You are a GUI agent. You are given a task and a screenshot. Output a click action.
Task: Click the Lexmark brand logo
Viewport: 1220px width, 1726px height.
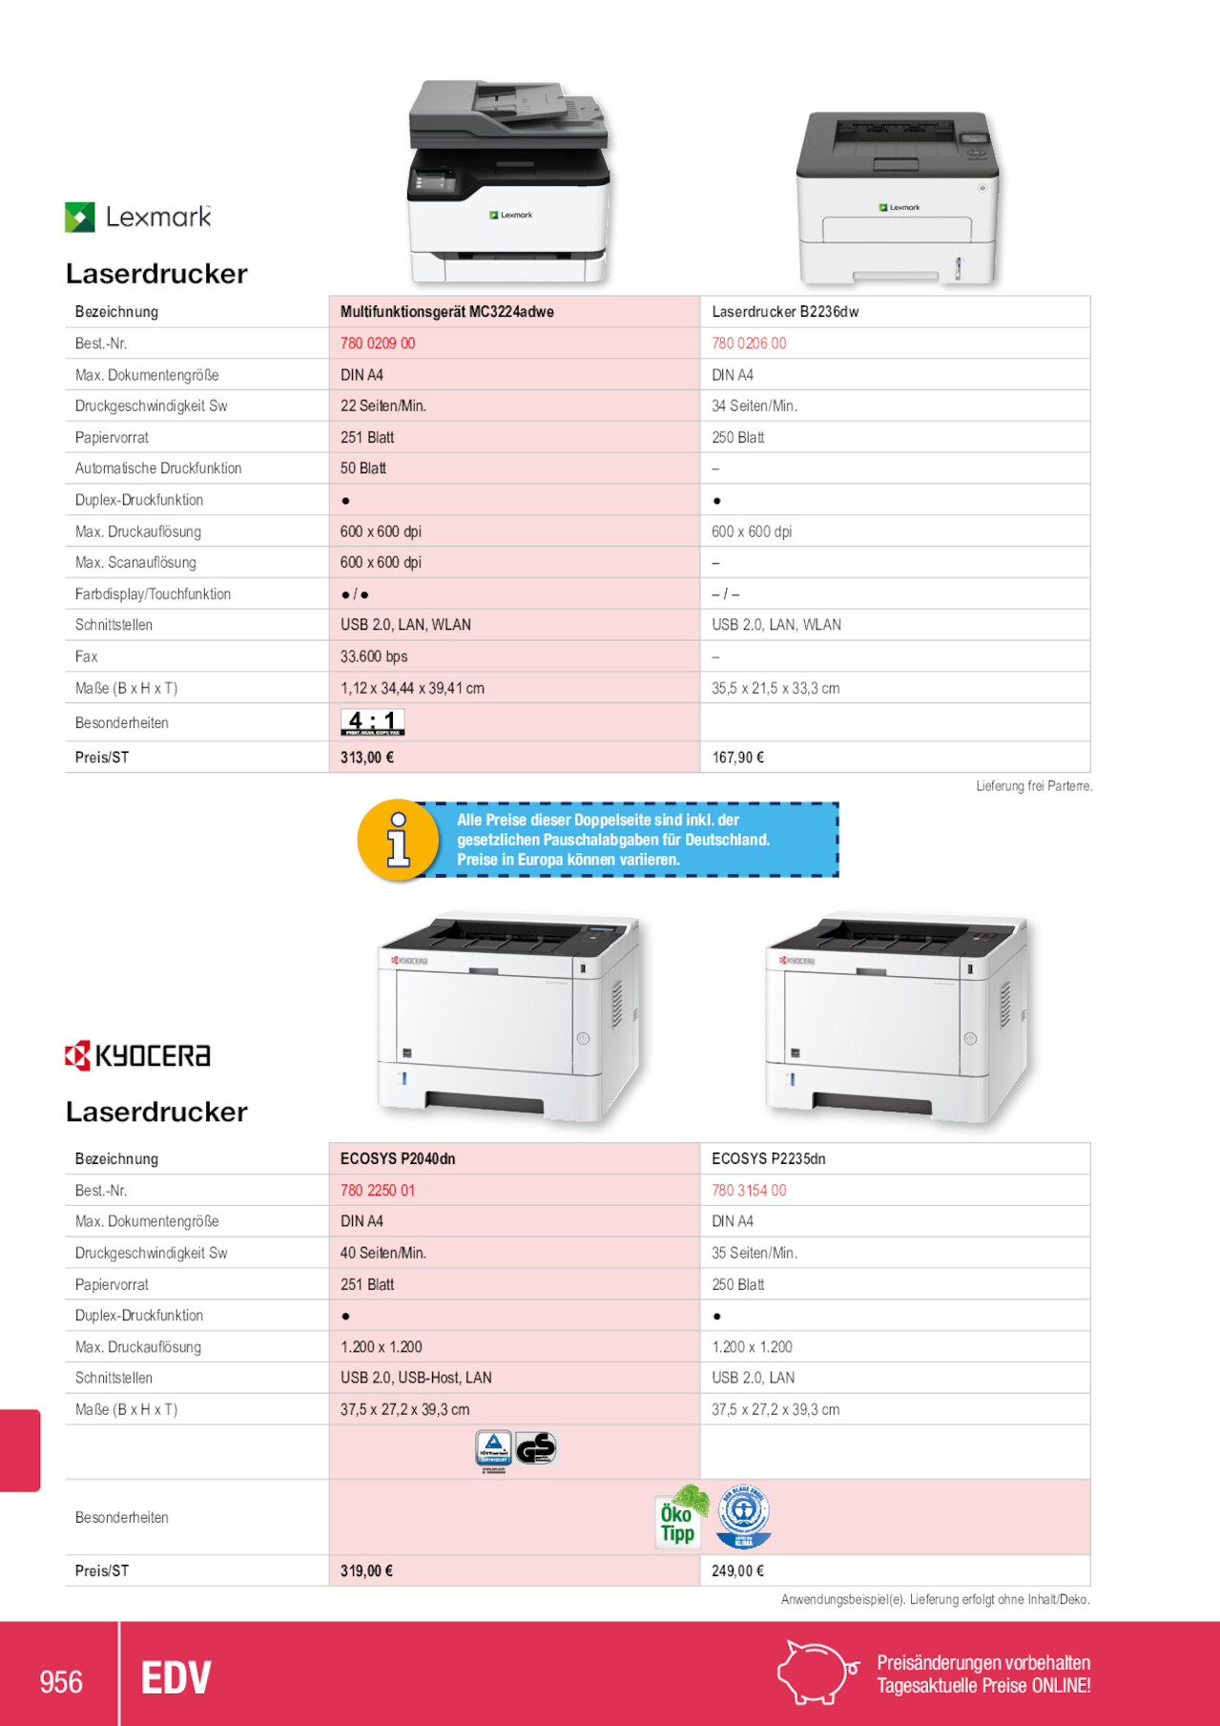point(138,218)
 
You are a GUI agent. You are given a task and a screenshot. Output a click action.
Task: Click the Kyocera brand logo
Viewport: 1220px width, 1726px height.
point(137,1055)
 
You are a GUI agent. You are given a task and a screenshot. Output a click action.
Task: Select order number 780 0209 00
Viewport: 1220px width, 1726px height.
point(378,343)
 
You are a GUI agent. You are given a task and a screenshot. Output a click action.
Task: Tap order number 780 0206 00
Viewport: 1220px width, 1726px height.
point(749,343)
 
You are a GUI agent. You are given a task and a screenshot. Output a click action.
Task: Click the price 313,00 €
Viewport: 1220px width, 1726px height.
point(367,758)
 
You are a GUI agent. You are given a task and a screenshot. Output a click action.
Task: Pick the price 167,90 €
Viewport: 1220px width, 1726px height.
point(737,758)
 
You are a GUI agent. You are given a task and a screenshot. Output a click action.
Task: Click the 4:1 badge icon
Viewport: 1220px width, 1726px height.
point(372,722)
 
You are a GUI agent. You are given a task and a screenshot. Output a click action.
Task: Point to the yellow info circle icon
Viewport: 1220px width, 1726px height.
point(398,840)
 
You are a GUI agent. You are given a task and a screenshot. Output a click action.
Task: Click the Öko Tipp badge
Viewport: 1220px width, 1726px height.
point(680,1517)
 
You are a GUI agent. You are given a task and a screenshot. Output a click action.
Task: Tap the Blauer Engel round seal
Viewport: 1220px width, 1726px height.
point(744,1516)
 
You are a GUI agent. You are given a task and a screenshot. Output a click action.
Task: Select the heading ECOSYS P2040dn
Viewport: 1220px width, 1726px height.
point(398,1158)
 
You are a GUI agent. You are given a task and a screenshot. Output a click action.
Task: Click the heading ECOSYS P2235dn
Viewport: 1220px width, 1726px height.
point(768,1158)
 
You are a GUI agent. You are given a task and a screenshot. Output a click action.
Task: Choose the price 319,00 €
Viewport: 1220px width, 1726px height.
point(366,1570)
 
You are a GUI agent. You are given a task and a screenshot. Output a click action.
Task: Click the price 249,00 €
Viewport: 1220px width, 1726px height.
point(737,1570)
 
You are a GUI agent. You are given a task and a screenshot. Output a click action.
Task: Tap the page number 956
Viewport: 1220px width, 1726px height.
point(61,1681)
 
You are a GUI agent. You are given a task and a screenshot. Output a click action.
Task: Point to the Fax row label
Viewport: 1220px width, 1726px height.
point(87,656)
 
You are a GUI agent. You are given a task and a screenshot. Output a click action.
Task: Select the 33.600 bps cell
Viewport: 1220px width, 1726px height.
point(374,656)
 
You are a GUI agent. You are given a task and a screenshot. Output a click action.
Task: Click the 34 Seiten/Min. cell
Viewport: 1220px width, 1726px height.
point(754,406)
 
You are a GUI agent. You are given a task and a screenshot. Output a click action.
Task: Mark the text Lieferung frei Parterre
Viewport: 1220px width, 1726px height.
point(1033,786)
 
